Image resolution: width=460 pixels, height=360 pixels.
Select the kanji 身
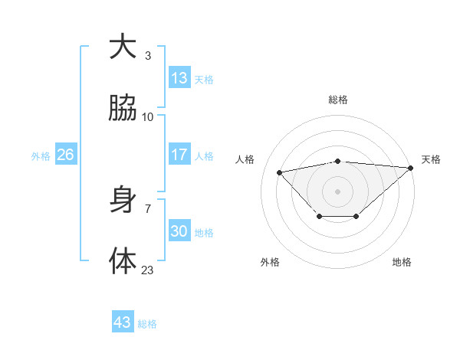[123, 200]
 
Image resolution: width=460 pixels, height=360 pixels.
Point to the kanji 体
[123, 261]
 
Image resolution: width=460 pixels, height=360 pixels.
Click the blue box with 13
[179, 77]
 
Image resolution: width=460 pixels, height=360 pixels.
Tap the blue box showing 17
[179, 155]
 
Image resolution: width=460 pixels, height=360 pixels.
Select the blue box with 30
[179, 231]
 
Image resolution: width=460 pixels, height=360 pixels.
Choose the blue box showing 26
[65, 155]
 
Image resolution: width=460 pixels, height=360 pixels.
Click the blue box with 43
[123, 322]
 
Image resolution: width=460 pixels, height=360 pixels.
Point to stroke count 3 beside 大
[148, 55]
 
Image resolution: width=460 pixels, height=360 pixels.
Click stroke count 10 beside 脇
[148, 116]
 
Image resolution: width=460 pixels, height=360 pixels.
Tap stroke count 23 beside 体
[148, 270]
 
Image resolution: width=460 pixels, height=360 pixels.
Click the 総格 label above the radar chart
[338, 100]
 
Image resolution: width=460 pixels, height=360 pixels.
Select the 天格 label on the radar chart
[431, 159]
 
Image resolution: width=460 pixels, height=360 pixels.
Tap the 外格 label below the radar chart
[270, 262]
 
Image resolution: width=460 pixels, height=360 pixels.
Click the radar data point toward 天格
[411, 168]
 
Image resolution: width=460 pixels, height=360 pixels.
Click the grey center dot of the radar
[338, 191]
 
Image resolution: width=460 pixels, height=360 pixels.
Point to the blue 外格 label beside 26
[41, 156]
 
